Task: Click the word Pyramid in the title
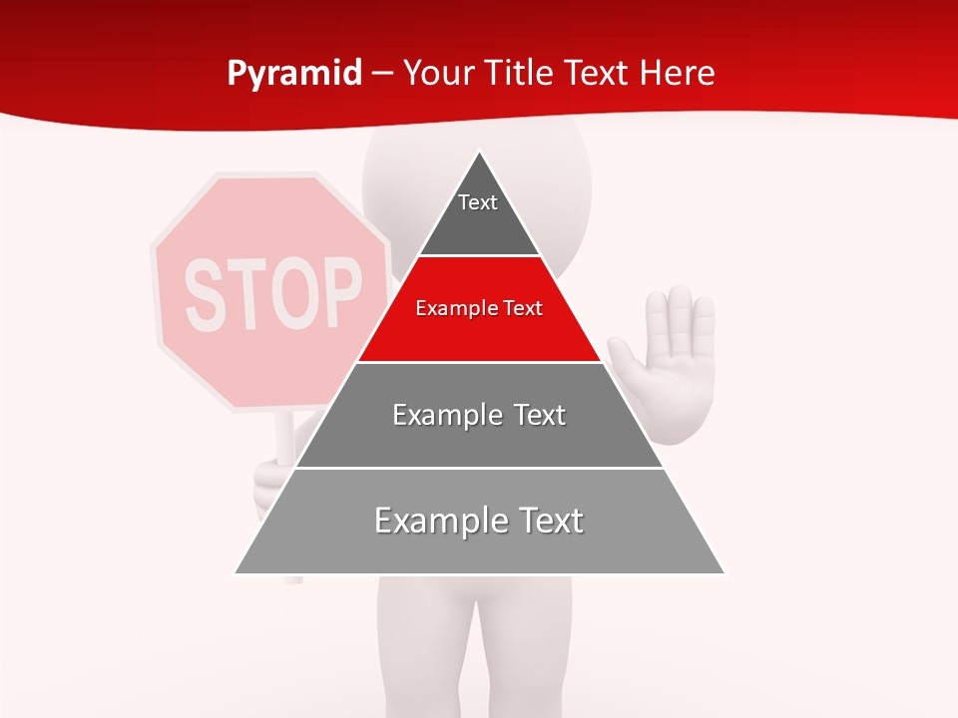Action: pyautogui.click(x=294, y=74)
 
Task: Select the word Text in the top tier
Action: pyautogui.click(x=477, y=202)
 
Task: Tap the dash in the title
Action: pyautogui.click(x=382, y=74)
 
